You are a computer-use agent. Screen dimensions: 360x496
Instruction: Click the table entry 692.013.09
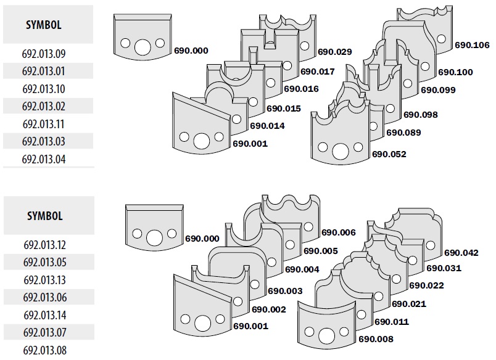[x=44, y=54]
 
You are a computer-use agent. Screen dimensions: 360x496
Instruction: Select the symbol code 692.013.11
[x=44, y=124]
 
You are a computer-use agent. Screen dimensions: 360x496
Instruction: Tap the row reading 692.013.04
[x=44, y=159]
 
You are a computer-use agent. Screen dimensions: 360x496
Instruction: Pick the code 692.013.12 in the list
[x=44, y=245]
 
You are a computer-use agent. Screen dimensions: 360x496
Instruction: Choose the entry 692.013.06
[x=44, y=298]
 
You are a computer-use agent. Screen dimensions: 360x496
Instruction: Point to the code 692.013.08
[x=44, y=351]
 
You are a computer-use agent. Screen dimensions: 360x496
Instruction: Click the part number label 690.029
[x=334, y=52]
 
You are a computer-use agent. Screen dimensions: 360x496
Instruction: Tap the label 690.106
[x=472, y=45]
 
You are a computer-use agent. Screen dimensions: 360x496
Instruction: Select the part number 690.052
[x=389, y=154]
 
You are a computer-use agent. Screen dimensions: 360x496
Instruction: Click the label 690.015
[x=283, y=108]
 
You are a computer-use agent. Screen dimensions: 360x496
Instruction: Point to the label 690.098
[x=420, y=115]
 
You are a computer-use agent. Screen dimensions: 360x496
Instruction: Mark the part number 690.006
[x=339, y=232]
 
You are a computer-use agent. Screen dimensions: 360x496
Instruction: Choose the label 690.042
[x=461, y=252]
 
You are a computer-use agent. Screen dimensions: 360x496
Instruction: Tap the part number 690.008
[x=376, y=339]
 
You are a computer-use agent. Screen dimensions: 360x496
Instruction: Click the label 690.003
[x=285, y=290]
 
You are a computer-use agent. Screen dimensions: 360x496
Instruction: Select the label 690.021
[x=409, y=303]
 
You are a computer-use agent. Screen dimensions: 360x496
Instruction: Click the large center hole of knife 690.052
[x=340, y=151]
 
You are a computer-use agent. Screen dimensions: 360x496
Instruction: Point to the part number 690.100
[x=455, y=72]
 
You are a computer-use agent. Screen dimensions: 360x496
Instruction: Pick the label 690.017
[x=318, y=72]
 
